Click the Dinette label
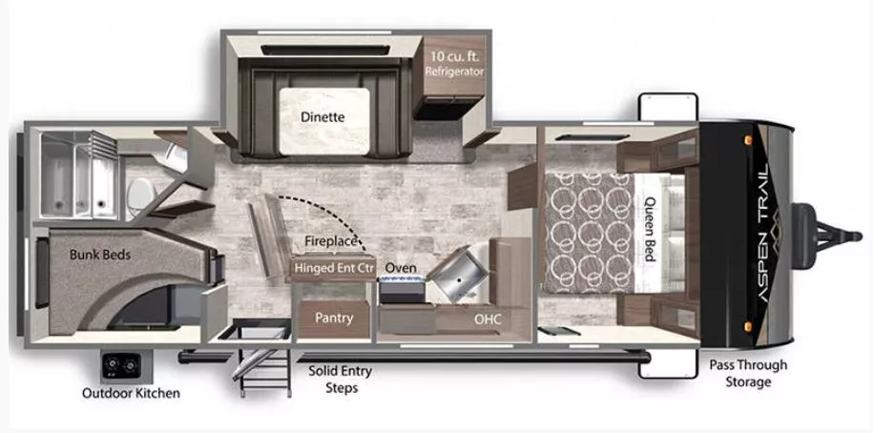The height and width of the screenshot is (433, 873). (x=322, y=117)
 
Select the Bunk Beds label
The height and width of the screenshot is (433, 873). (x=99, y=255)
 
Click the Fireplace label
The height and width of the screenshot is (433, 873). (x=331, y=242)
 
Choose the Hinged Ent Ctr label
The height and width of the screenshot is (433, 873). (x=334, y=268)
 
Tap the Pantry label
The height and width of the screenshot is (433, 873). (x=334, y=318)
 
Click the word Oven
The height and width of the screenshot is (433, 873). (x=401, y=268)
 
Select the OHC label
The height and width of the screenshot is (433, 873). (x=488, y=318)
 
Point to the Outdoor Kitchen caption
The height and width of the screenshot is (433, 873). (x=131, y=393)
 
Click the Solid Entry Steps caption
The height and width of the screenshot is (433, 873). (x=340, y=380)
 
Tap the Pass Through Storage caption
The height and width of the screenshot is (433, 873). (x=747, y=373)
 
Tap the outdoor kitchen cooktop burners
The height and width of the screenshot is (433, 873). (x=123, y=365)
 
